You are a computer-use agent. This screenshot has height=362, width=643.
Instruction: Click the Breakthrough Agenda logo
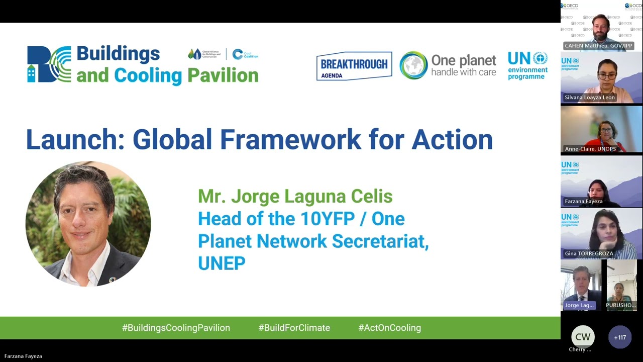click(354, 66)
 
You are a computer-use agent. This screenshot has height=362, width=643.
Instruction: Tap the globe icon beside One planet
click(413, 65)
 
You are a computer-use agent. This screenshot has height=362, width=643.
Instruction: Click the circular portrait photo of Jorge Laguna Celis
click(88, 224)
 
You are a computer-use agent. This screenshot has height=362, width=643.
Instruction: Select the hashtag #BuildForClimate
click(294, 328)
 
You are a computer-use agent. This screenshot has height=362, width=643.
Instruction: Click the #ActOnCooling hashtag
click(389, 328)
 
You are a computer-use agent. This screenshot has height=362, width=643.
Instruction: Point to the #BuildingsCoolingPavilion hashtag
click(176, 328)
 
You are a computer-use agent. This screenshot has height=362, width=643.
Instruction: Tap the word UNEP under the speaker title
click(222, 263)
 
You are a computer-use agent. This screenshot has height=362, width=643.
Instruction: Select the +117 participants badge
click(620, 337)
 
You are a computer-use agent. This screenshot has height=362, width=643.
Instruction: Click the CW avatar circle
click(583, 337)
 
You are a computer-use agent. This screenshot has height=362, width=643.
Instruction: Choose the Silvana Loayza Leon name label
click(590, 97)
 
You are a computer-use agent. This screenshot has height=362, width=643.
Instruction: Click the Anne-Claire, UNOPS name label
click(590, 149)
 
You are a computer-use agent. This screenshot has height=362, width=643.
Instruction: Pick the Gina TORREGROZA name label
click(589, 253)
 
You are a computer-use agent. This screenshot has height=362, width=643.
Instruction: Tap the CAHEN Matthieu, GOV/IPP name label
click(598, 46)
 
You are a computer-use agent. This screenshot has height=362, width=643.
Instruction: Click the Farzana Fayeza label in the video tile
click(583, 201)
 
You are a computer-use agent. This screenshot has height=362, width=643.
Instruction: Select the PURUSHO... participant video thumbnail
click(622, 285)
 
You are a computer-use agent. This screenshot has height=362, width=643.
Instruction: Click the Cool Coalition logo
click(245, 54)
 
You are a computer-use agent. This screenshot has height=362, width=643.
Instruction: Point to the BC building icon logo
click(49, 64)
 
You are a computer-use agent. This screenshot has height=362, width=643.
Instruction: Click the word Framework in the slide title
click(247, 140)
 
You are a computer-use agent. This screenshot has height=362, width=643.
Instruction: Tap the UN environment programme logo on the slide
click(527, 65)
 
